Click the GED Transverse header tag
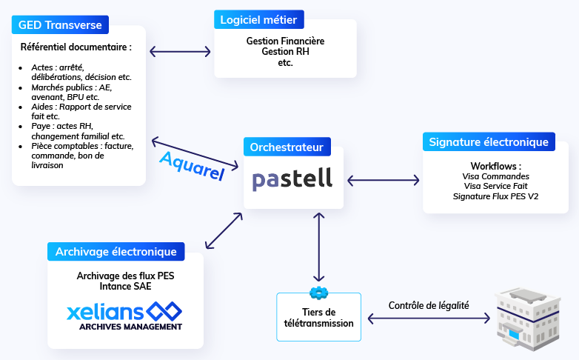60,24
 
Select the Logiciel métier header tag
259,19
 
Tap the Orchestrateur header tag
287,147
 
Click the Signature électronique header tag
489,142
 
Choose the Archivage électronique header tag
116,252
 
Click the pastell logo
292,179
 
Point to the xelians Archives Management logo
124,316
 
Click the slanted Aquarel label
192,164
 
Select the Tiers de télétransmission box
318,318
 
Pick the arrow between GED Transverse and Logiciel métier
181,52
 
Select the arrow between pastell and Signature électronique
383,179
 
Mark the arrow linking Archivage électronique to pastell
224,230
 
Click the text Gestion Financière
285,41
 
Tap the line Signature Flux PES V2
495,196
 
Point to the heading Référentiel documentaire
76,47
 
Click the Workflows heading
495,166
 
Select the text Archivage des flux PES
125,276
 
